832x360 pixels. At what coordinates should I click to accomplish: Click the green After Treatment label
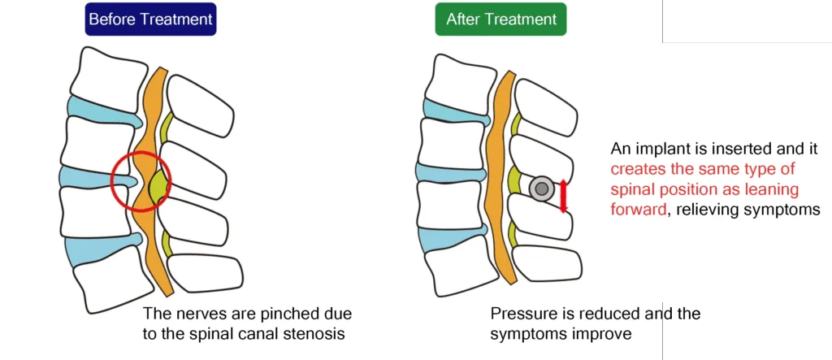point(500,20)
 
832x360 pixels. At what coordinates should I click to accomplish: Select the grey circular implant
point(541,189)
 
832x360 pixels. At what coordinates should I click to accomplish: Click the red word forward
point(640,210)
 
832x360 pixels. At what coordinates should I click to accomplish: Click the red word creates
point(636,170)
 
